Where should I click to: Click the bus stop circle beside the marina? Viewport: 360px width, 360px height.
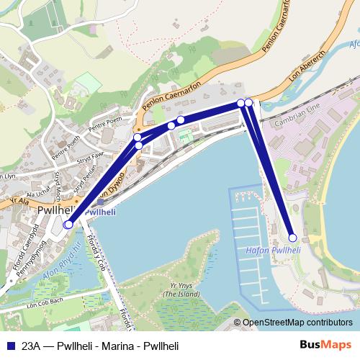point(292,238)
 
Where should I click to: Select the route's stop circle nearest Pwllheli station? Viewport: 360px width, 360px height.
point(68,225)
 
